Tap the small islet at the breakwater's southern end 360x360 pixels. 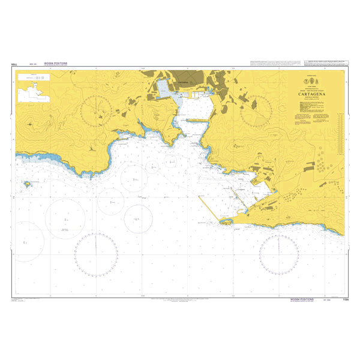pyautogui.click(x=226, y=222)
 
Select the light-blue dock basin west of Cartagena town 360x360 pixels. pyautogui.click(x=164, y=89)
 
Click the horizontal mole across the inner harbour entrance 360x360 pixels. pyautogui.click(x=197, y=120)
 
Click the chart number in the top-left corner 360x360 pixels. pyautogui.click(x=13, y=62)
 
